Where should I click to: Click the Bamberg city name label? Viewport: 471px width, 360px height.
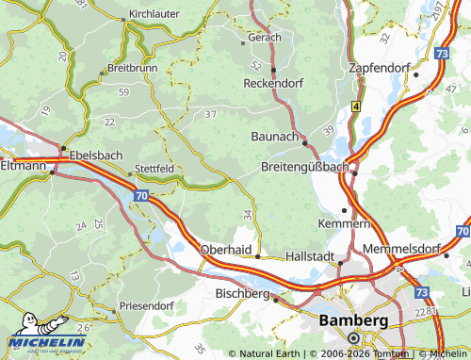pyautogui.click(x=353, y=320)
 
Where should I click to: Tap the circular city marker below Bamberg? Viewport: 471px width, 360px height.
pyautogui.click(x=353, y=337)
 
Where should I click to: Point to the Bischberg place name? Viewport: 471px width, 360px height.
pyautogui.click(x=243, y=293)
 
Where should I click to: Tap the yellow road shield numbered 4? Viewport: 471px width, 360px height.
pyautogui.click(x=356, y=106)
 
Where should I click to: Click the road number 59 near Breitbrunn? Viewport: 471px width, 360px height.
pyautogui.click(x=123, y=91)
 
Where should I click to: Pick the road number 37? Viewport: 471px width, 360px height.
pyautogui.click(x=210, y=114)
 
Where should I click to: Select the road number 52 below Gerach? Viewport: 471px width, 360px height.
pyautogui.click(x=256, y=65)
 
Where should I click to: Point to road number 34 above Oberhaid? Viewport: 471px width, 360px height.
pyautogui.click(x=247, y=216)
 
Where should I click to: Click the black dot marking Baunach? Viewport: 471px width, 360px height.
pyautogui.click(x=304, y=142)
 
